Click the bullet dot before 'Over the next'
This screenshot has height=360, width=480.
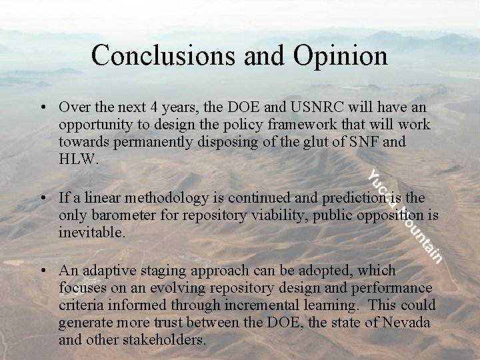(43, 107)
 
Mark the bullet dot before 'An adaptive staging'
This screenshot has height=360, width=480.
(43, 271)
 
